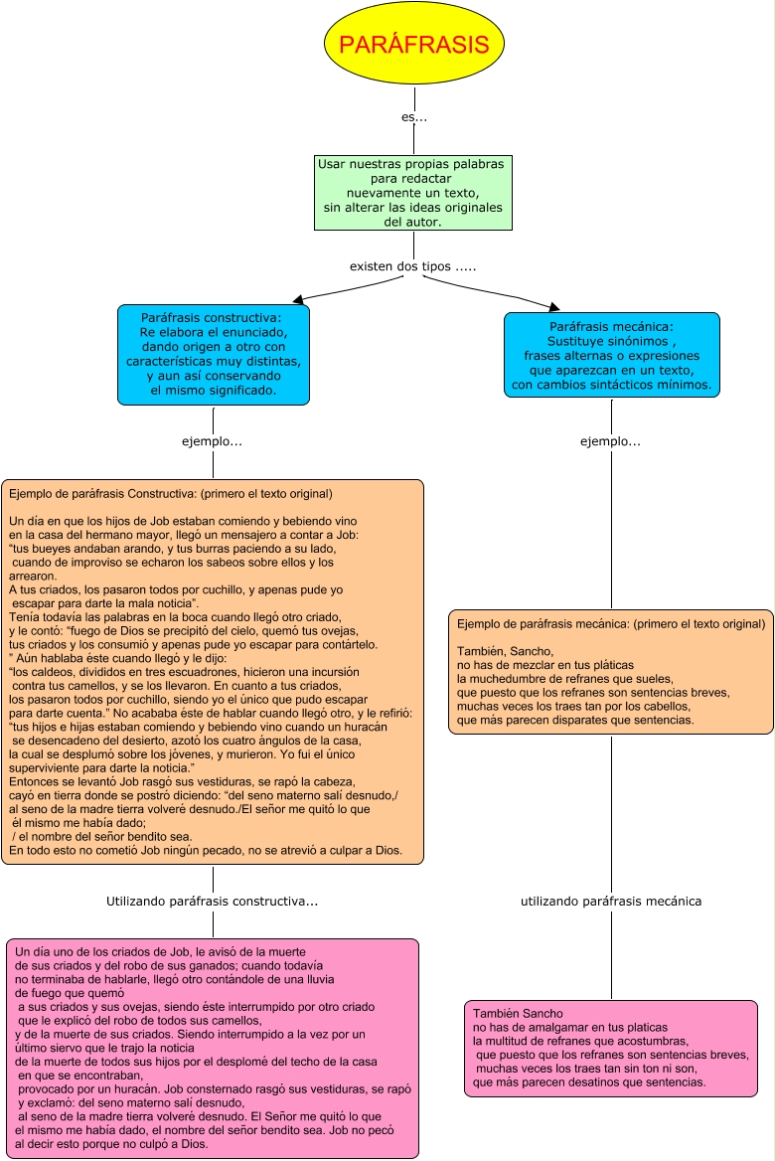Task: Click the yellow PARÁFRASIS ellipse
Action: pyautogui.click(x=413, y=45)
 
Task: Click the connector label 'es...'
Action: pyautogui.click(x=414, y=117)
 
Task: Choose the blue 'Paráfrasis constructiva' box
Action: pyautogui.click(x=213, y=354)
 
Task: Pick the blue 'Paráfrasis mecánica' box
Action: pyautogui.click(x=611, y=355)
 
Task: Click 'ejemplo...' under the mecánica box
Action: pyautogui.click(x=610, y=441)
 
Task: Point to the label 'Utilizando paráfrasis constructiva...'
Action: pyautogui.click(x=212, y=902)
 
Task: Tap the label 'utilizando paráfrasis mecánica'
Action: pyautogui.click(x=611, y=902)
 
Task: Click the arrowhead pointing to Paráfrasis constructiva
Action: pyautogui.click(x=297, y=297)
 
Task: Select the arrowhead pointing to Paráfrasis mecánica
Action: pyautogui.click(x=552, y=305)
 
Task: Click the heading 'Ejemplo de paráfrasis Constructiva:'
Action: pyautogui.click(x=89, y=493)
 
